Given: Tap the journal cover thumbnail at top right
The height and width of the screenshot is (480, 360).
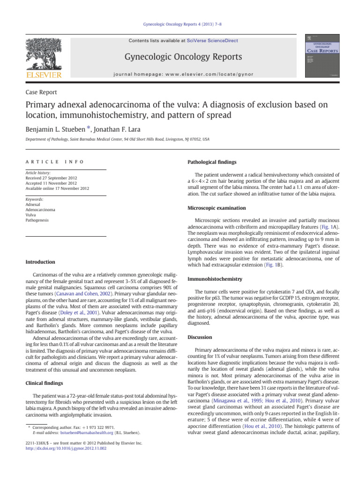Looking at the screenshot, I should tap(323, 55).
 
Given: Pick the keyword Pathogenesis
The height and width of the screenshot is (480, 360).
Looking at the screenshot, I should tap(38, 219).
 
